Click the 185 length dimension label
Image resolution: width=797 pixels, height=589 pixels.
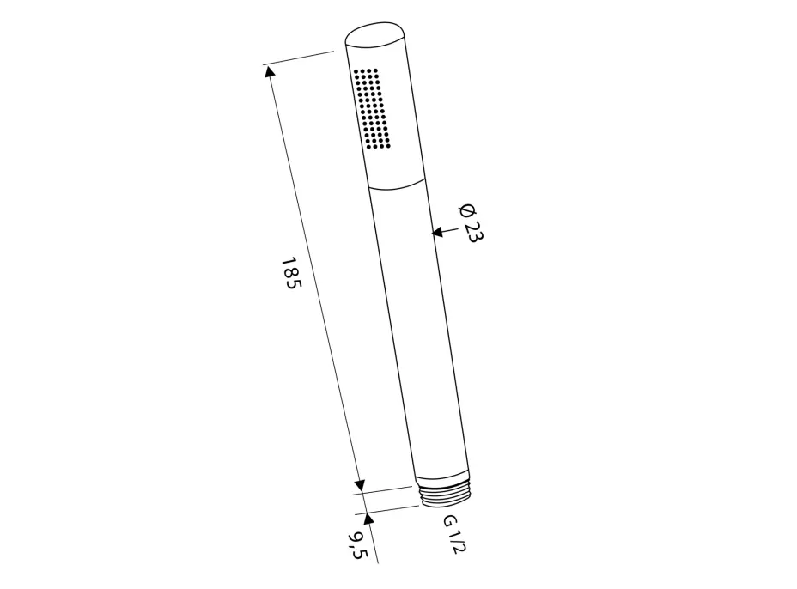pos(291,273)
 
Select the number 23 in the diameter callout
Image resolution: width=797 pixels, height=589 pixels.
pos(473,232)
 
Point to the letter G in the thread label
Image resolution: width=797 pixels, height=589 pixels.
pos(450,521)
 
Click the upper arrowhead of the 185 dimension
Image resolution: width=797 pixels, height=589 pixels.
pos(270,70)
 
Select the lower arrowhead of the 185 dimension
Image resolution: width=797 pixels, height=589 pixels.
pos(360,485)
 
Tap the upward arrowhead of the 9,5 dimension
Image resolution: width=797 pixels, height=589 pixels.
pos(368,519)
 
